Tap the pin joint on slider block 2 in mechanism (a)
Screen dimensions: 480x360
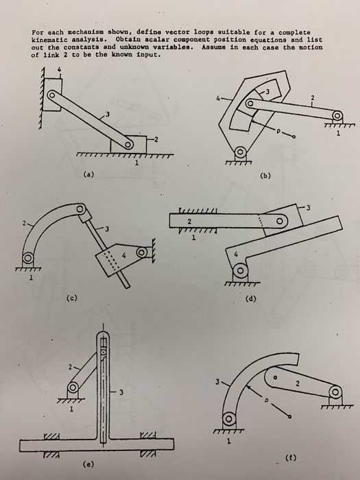tap(127, 145)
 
